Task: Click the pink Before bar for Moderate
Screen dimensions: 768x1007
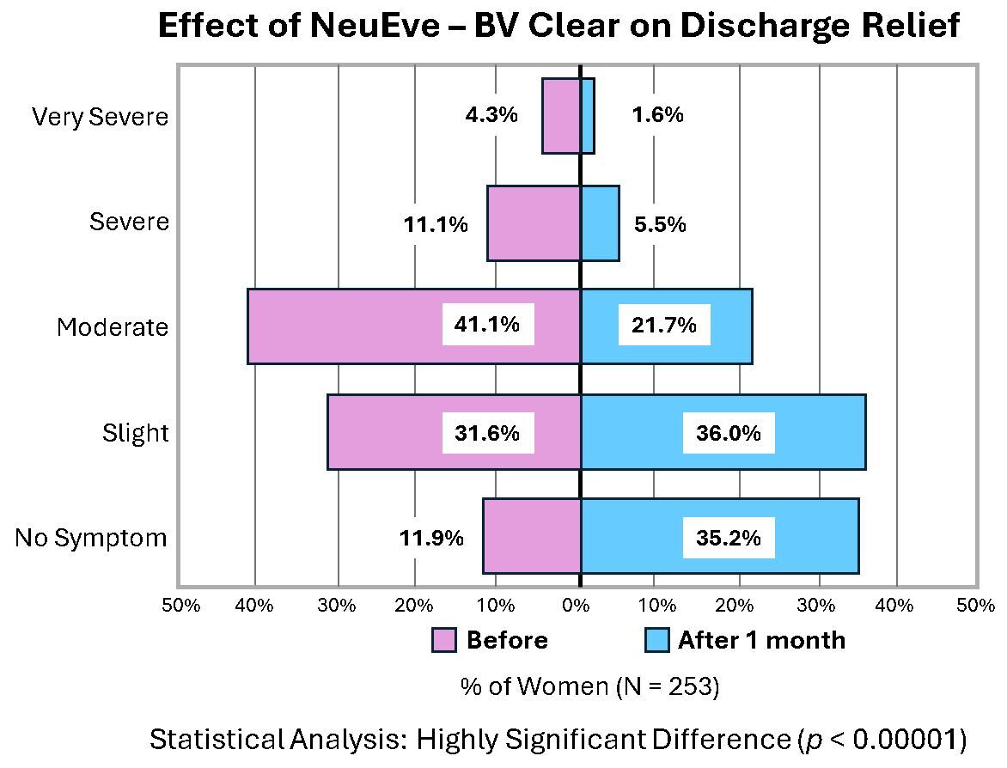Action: coord(344,326)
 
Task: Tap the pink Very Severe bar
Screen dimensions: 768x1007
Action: coord(560,116)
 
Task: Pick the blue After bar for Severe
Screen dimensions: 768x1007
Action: coord(600,223)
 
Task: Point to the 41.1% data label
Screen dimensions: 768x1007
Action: coord(487,326)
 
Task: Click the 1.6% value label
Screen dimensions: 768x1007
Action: coord(657,114)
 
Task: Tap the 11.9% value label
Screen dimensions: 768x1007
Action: coord(431,539)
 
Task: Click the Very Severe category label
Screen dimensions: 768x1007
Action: coord(100,116)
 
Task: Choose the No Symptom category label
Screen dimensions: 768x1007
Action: coord(91,539)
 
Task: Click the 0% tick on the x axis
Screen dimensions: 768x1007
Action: coord(577,606)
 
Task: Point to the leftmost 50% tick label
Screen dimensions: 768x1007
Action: coord(181,606)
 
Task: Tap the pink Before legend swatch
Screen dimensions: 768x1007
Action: coord(444,640)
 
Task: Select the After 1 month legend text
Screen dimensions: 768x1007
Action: coord(761,640)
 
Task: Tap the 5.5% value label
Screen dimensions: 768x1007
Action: coord(659,225)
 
